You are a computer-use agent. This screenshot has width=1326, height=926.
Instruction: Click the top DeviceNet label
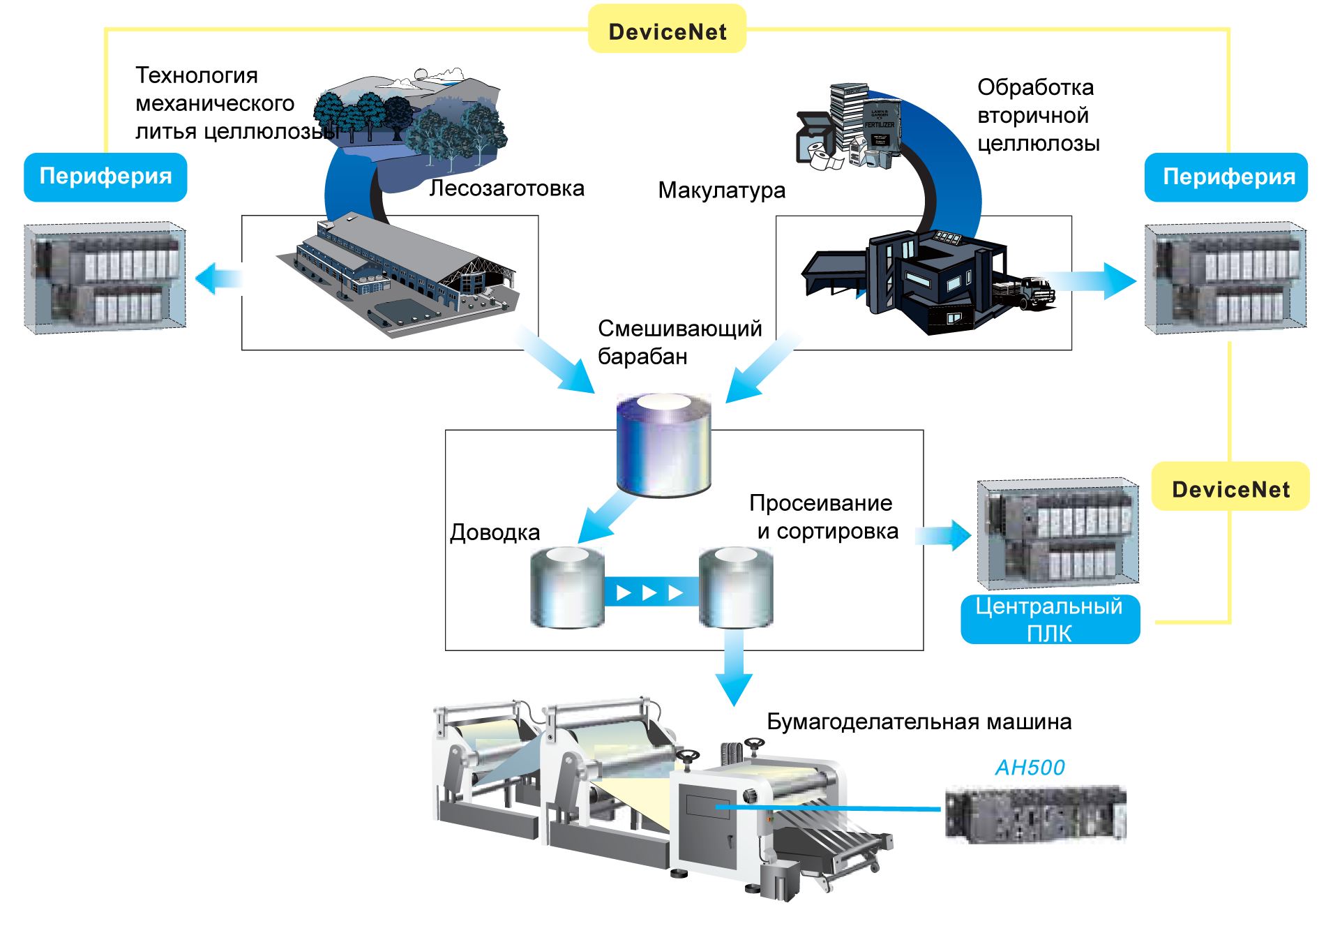tap(667, 31)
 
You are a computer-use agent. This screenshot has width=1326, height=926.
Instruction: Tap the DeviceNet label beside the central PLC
tap(1230, 488)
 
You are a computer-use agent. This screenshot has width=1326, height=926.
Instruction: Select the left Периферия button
tap(105, 177)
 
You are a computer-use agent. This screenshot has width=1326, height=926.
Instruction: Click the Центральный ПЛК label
tap(1049, 619)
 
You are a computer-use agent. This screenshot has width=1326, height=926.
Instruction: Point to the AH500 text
tap(1030, 767)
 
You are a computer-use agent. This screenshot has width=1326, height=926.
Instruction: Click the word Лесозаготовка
tap(506, 188)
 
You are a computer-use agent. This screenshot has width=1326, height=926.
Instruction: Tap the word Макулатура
tap(721, 190)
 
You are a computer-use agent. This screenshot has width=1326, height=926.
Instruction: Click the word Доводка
tap(495, 532)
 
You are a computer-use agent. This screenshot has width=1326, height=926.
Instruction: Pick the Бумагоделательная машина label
tap(919, 722)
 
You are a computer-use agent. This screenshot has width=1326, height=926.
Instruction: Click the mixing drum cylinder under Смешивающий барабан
tap(664, 445)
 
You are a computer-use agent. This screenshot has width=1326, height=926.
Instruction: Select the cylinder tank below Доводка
tap(567, 588)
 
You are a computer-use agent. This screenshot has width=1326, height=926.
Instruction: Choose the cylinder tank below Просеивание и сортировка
tap(736, 588)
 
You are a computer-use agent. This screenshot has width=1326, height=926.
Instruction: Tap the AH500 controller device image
tap(1035, 814)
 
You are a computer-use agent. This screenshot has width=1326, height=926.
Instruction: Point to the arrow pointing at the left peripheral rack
tap(217, 278)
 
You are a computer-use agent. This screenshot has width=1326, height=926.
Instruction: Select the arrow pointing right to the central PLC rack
tap(944, 535)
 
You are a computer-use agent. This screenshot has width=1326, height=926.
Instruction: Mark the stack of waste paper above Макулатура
tap(850, 129)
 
